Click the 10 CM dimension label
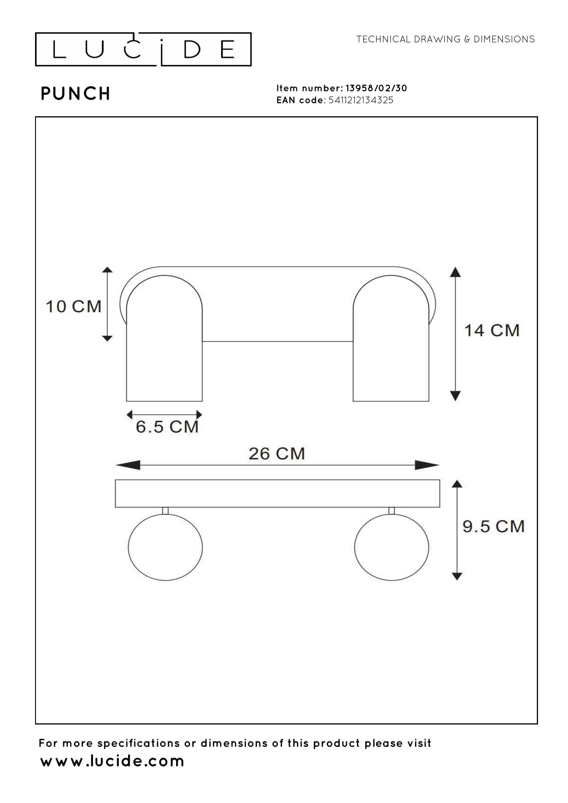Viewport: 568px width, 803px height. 74,307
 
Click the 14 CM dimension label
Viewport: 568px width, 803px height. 492,331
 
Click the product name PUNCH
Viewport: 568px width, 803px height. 76,94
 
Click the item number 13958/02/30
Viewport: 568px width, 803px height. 376,88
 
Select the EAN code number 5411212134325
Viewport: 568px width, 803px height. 361,100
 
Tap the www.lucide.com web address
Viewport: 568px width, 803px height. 112,761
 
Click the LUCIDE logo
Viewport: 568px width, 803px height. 143,49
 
